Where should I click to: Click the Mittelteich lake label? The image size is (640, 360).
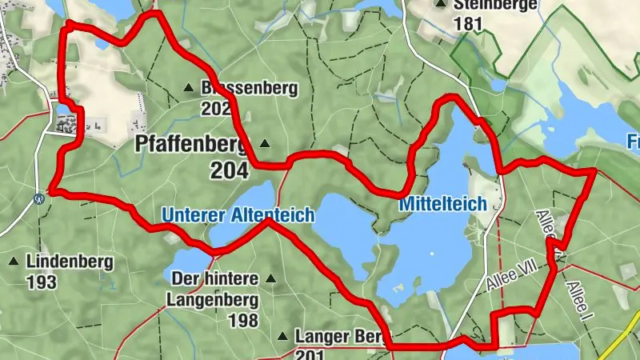(442, 205)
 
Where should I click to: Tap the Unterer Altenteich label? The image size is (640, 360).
(237, 214)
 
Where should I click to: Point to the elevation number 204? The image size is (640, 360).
(230, 170)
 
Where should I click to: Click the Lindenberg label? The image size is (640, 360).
(70, 262)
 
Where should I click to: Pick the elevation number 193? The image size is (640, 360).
(40, 282)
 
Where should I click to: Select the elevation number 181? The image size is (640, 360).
(468, 24)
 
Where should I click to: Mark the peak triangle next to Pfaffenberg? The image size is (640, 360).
(265, 144)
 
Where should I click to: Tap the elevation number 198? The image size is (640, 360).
(242, 321)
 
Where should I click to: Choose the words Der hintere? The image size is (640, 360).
(215, 279)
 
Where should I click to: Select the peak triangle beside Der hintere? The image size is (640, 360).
(271, 279)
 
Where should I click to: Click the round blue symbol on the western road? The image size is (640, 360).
(39, 198)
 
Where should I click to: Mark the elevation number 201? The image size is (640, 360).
(311, 354)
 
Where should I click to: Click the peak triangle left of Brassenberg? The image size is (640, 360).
(189, 87)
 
